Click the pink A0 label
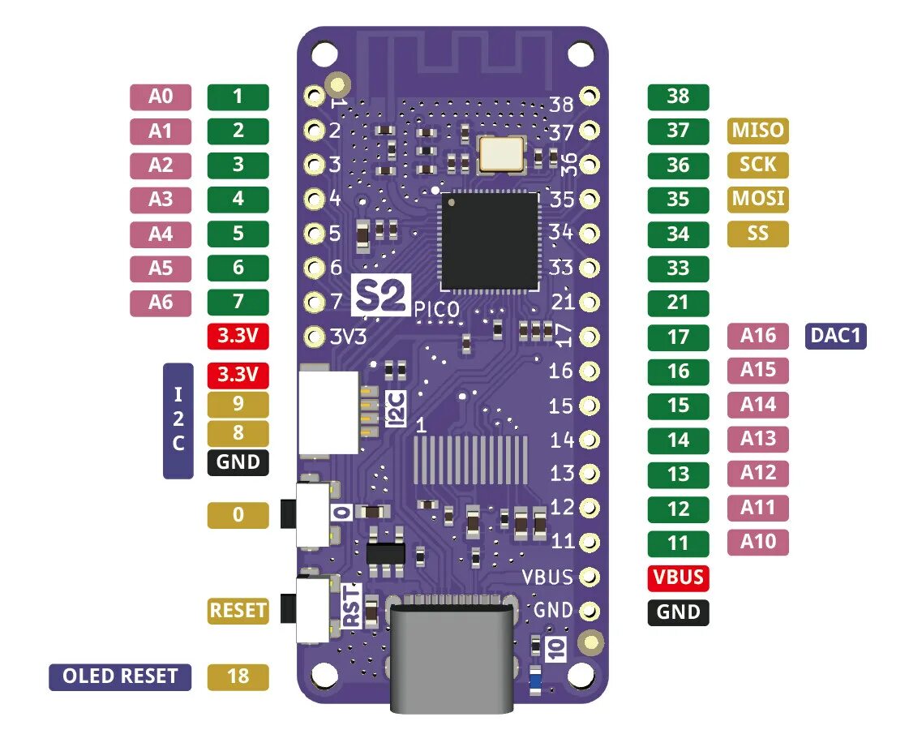(x=161, y=97)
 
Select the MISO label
(x=758, y=130)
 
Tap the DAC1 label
(x=835, y=335)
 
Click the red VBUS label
(x=678, y=578)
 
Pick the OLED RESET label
(x=120, y=676)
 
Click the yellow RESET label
(x=238, y=610)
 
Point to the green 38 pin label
(x=678, y=97)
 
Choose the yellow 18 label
(x=238, y=676)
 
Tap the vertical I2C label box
(x=178, y=419)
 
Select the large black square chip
(x=490, y=241)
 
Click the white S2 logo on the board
(x=381, y=295)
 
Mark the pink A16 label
(x=758, y=335)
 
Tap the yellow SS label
(x=758, y=234)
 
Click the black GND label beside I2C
(x=238, y=462)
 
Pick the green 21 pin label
(x=678, y=303)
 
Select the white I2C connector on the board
(x=329, y=412)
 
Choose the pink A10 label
(x=758, y=542)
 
